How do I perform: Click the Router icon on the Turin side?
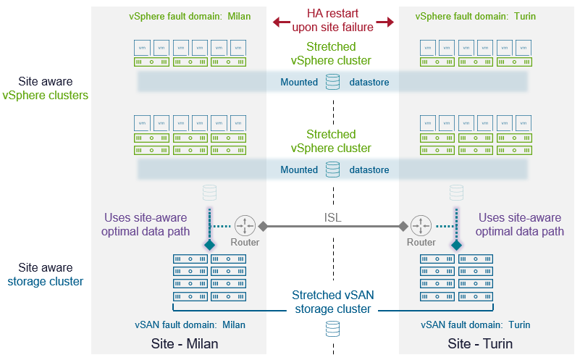point(421,225)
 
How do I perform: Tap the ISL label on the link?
point(333,217)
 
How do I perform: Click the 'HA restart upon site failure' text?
point(333,21)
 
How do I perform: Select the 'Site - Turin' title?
point(480,343)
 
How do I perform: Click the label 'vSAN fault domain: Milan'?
point(190,325)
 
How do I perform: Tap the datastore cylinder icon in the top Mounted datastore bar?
point(332,82)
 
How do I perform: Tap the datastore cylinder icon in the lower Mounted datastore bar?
point(332,169)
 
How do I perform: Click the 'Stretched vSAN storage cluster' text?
point(333,302)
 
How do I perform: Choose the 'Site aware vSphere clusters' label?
point(46,88)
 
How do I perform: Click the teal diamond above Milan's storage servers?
point(210,246)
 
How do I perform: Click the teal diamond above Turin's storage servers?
point(456,246)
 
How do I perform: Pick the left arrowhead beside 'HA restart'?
point(277,22)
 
